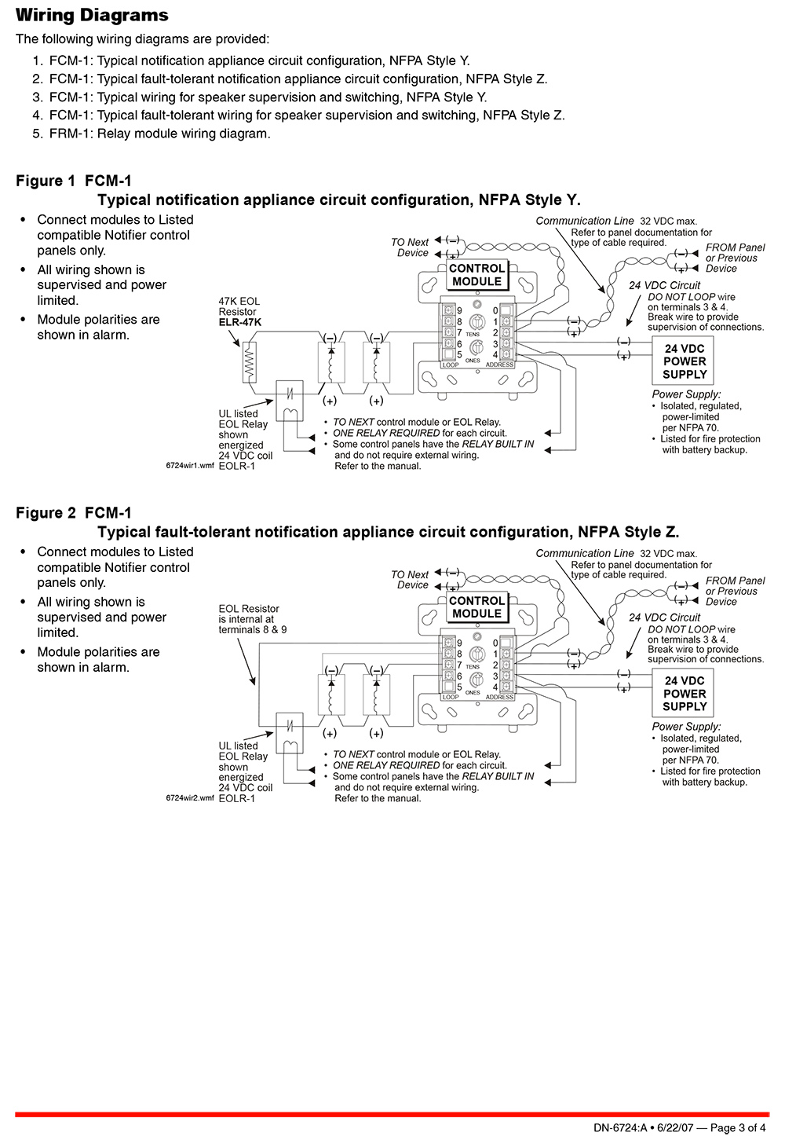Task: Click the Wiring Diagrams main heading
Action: click(92, 15)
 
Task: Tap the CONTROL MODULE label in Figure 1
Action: click(476, 275)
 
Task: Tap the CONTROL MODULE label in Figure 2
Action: click(476, 607)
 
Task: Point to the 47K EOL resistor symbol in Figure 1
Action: click(250, 362)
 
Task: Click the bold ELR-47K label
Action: click(240, 323)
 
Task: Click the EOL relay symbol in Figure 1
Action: click(290, 401)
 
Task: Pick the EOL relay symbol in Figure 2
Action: click(290, 733)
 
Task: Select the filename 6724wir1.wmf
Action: click(190, 466)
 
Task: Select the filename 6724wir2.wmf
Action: click(190, 797)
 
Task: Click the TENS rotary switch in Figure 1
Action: click(476, 321)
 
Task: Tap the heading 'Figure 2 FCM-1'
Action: click(74, 513)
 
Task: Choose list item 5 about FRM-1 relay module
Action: click(152, 134)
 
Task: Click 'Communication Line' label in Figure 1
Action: click(584, 221)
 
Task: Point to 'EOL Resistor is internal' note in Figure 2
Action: click(252, 619)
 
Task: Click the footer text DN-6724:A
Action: click(620, 1128)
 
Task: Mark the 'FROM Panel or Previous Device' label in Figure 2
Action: click(735, 591)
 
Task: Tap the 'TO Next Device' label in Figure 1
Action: click(410, 247)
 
